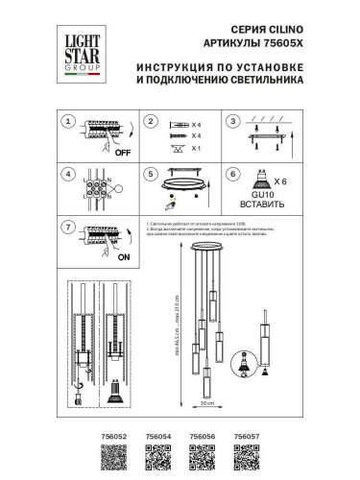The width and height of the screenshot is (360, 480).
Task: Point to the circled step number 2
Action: (150, 123)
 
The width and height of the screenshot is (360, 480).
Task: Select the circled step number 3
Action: (231, 123)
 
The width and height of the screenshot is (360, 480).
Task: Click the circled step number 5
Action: (150, 176)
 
